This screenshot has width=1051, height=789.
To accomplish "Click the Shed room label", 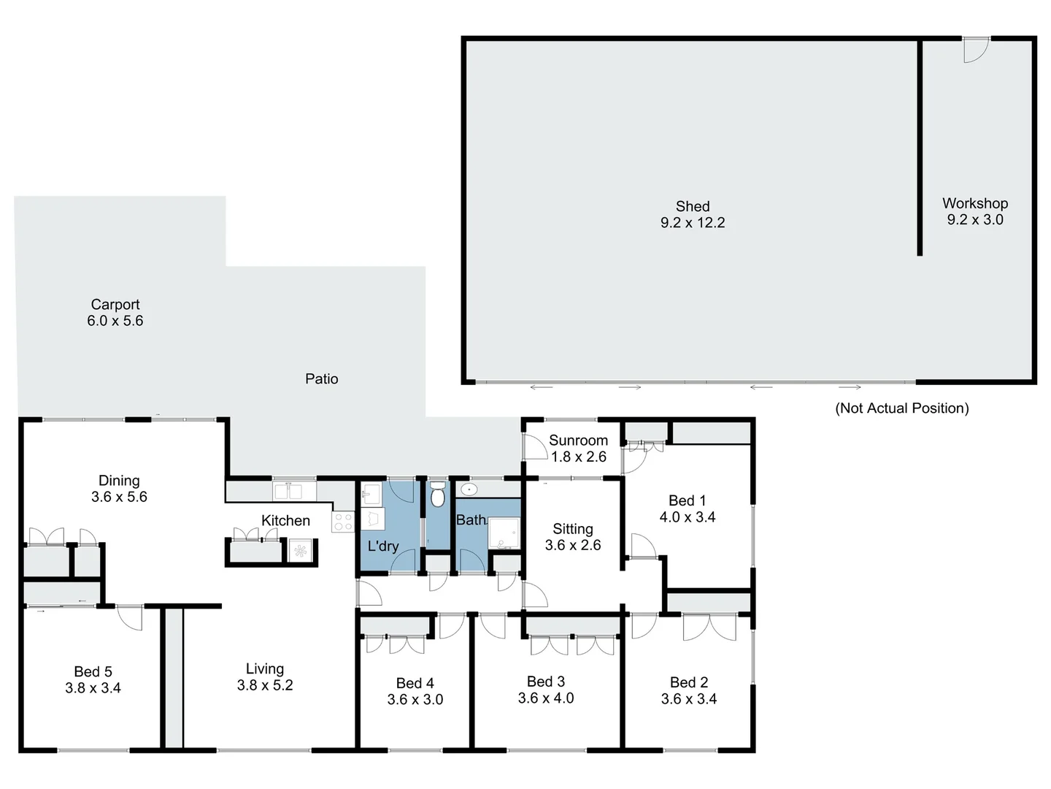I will (x=692, y=207).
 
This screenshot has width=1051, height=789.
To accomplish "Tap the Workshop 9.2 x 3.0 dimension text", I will (x=975, y=220).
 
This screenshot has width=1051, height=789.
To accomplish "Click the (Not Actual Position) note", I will (x=901, y=408).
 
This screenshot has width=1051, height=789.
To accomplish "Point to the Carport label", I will (x=115, y=305).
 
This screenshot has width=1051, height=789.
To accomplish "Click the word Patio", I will (x=321, y=379).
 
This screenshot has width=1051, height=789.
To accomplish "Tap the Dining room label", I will (x=119, y=481).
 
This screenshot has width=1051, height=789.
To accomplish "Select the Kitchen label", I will (x=285, y=521).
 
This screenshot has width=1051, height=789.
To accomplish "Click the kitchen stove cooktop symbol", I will (x=343, y=522).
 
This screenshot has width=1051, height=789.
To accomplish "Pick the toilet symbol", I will (x=437, y=495).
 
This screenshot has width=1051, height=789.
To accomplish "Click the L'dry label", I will (x=382, y=546).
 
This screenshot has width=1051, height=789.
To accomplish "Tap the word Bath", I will (x=471, y=520).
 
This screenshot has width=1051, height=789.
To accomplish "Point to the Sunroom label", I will (x=578, y=441).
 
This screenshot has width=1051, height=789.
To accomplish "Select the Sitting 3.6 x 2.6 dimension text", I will (x=573, y=545).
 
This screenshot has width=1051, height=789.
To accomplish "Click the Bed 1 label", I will (x=687, y=501).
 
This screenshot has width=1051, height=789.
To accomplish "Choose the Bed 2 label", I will (x=689, y=682).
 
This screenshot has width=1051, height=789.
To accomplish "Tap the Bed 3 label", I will (x=546, y=682).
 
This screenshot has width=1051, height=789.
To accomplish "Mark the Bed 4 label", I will (x=415, y=683).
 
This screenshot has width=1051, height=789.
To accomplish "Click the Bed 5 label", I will (x=93, y=671).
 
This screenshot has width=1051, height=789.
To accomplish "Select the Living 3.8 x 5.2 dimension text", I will (x=265, y=685).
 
